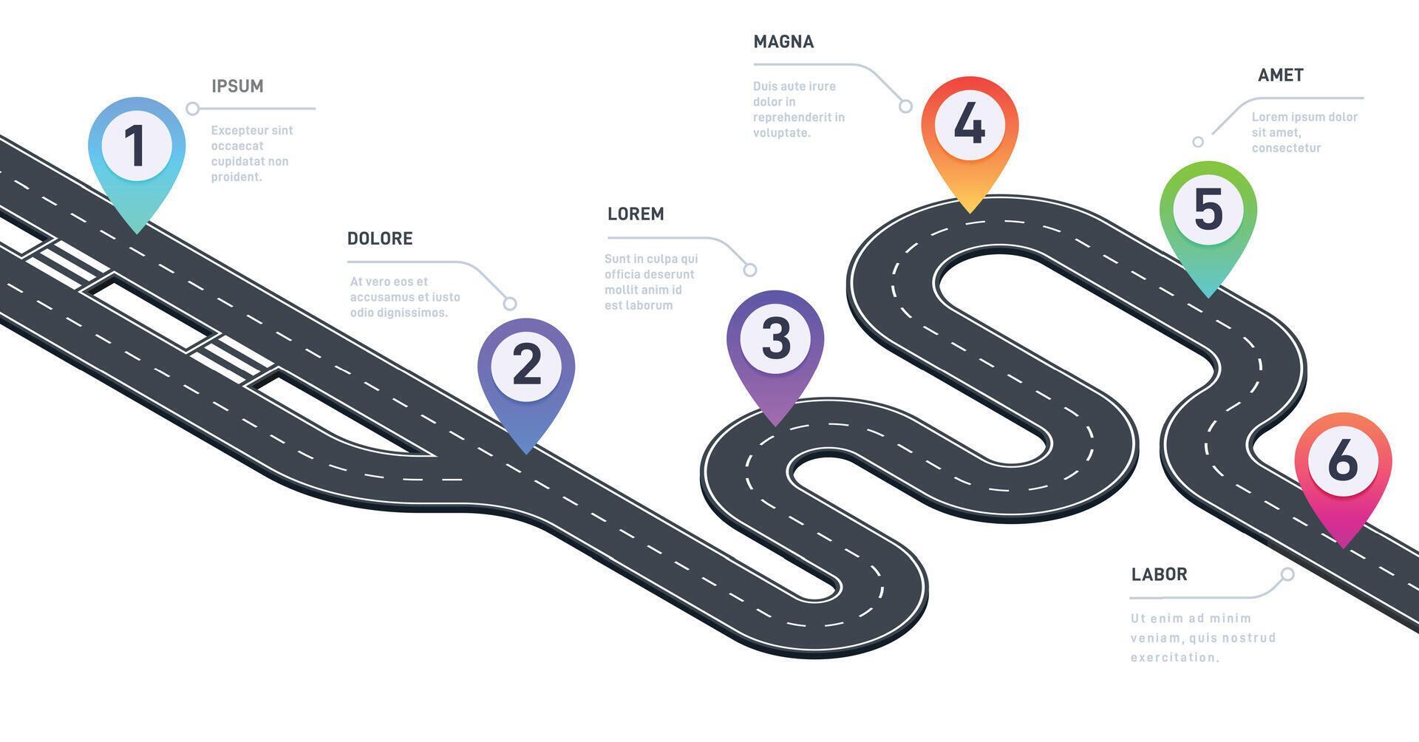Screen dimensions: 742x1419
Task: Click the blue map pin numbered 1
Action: (x=136, y=148)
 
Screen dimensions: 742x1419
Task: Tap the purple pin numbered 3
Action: (x=775, y=340)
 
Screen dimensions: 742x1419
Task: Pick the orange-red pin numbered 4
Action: (x=970, y=126)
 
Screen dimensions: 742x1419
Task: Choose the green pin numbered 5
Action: (x=1208, y=211)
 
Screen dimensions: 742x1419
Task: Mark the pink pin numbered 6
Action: (x=1343, y=462)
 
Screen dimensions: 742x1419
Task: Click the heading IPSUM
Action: (x=237, y=86)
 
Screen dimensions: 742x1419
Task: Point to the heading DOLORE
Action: (x=380, y=239)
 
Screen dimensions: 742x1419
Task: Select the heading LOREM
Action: (x=636, y=214)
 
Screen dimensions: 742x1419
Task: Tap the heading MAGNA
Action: (x=783, y=42)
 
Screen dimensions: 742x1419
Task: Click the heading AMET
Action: (x=1280, y=75)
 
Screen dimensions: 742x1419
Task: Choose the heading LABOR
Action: (x=1159, y=575)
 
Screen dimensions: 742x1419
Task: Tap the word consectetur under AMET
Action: (x=1286, y=149)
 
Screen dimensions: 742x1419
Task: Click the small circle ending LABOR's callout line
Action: (x=1287, y=574)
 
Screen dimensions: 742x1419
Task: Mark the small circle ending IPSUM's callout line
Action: (x=192, y=109)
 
